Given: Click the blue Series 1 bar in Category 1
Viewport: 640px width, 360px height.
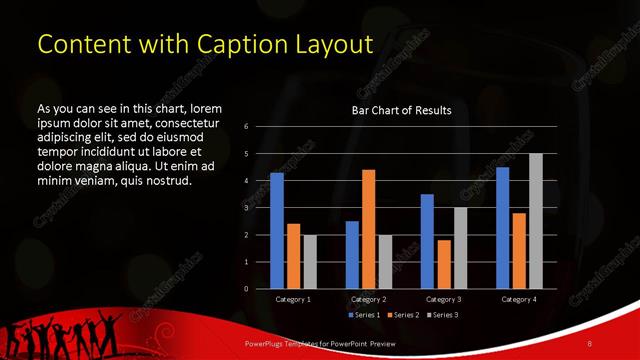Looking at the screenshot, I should (277, 231).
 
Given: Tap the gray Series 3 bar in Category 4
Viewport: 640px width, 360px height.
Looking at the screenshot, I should (536, 221).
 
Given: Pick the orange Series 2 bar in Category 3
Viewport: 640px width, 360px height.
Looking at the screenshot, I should (444, 264).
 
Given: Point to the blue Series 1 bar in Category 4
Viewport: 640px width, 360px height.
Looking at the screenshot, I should (503, 228).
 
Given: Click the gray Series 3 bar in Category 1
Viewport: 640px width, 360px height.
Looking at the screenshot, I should (310, 262).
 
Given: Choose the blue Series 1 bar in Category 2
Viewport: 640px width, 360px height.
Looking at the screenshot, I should (352, 255).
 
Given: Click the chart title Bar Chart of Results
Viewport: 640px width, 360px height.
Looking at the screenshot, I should (401, 111).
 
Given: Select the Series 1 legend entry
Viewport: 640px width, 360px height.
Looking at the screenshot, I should (366, 315).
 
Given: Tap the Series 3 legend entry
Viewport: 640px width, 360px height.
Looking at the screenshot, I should (443, 315).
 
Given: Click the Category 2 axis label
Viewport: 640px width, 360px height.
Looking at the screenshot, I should (368, 299).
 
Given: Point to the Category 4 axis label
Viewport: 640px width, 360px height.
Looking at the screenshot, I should (519, 299).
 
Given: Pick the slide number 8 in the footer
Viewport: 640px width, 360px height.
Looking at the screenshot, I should (590, 344).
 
